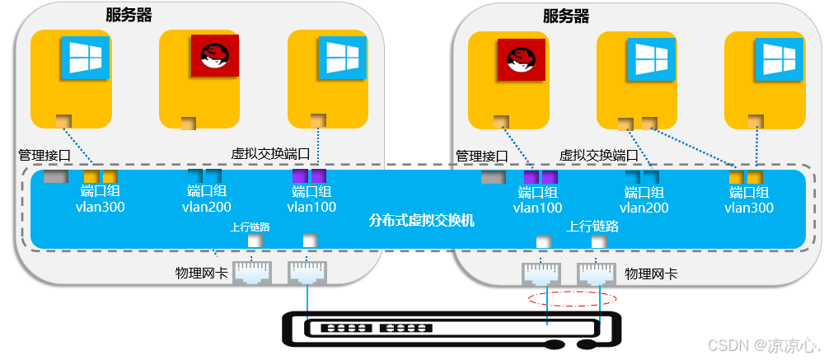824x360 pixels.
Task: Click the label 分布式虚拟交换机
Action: tap(421, 221)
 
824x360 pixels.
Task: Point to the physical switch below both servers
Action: tap(449, 329)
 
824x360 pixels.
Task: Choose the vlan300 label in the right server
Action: tap(748, 208)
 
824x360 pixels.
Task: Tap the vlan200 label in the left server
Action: tap(206, 208)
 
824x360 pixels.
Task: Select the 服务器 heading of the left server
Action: tap(129, 15)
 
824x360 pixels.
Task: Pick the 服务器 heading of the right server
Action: tap(566, 16)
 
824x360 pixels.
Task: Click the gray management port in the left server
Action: tap(55, 176)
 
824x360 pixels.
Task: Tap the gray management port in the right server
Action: tap(493, 177)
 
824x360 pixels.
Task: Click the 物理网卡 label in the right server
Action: tap(651, 273)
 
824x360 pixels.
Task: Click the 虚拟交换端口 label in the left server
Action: tap(270, 154)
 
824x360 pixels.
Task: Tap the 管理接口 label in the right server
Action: tap(482, 155)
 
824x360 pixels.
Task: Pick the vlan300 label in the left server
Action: tap(100, 208)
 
